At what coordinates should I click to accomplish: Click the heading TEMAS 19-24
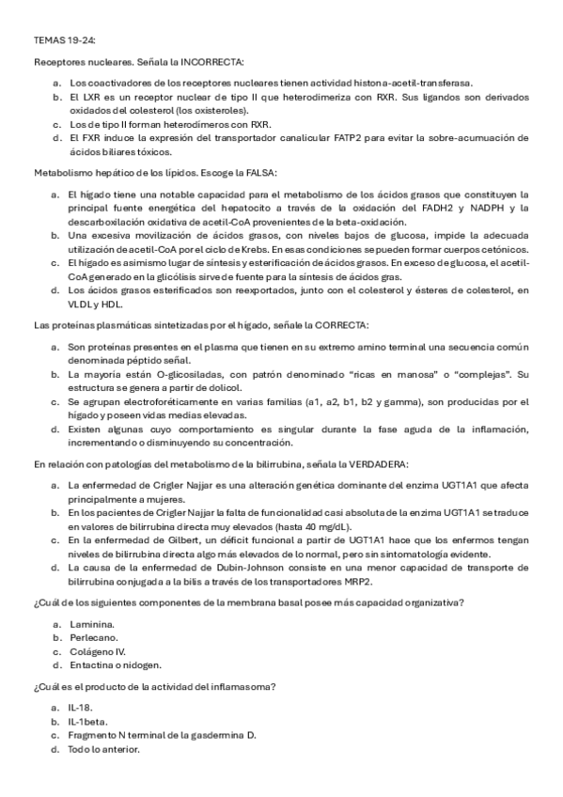coord(64,40)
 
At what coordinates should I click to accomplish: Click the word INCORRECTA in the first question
coord(212,62)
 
